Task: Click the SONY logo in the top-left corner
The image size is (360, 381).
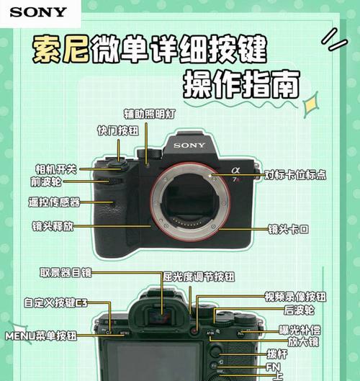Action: [x=38, y=12]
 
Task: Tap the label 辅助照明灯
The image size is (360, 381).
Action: [x=150, y=114]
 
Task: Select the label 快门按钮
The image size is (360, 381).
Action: [x=118, y=131]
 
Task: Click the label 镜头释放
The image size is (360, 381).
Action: [x=53, y=225]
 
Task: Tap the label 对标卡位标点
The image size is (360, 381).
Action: [x=295, y=175]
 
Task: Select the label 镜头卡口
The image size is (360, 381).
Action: [x=288, y=229]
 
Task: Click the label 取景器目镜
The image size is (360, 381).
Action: [x=66, y=272]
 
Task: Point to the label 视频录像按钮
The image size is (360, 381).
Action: [x=295, y=296]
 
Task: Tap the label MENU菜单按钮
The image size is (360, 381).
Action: [x=42, y=336]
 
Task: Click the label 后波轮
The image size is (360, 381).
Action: [x=300, y=310]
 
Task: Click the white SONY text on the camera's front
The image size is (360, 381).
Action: [x=189, y=145]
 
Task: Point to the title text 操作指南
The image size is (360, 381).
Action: [x=240, y=85]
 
